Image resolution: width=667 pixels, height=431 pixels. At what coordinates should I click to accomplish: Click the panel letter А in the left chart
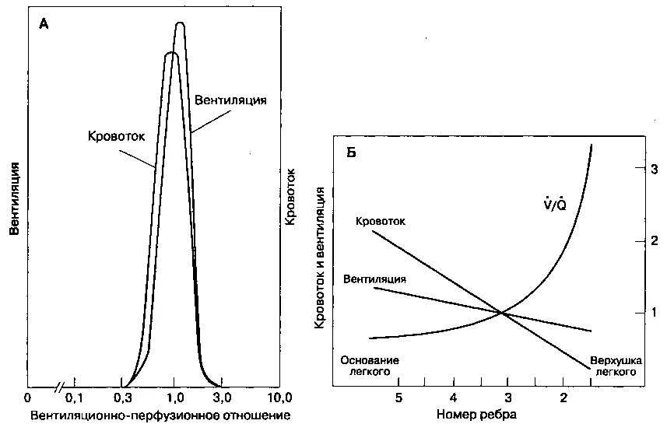(x=44, y=24)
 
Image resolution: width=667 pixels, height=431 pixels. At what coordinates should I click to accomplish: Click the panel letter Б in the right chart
(x=352, y=152)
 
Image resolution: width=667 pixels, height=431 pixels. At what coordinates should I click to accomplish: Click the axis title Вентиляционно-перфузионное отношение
(x=160, y=415)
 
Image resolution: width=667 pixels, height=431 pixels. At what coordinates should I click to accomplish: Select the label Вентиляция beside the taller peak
(x=230, y=100)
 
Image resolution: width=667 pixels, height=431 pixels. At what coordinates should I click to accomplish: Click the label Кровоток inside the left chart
(x=118, y=135)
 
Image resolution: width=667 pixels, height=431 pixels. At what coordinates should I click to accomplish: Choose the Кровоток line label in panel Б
(x=381, y=221)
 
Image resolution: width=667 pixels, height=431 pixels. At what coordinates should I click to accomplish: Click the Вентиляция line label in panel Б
(x=374, y=278)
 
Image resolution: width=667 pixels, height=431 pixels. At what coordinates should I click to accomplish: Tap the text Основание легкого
(x=370, y=366)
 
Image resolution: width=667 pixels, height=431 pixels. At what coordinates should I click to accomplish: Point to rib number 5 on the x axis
(x=398, y=397)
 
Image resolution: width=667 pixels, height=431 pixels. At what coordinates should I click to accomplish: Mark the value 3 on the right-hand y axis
(x=655, y=170)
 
